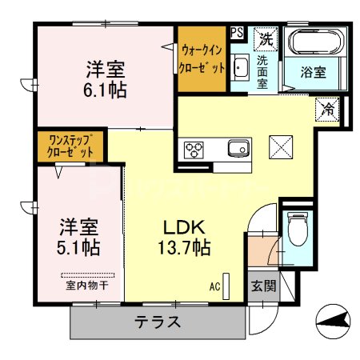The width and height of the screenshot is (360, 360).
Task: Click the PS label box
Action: click(x=237, y=33)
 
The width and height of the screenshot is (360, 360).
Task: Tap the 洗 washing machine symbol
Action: click(x=265, y=38)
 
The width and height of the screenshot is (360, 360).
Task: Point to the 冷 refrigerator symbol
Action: click(x=327, y=107)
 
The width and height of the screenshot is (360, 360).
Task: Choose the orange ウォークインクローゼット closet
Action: click(x=201, y=58)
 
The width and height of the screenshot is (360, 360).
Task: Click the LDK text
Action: click(x=183, y=226)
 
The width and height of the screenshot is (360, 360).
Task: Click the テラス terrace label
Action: click(x=157, y=323)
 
